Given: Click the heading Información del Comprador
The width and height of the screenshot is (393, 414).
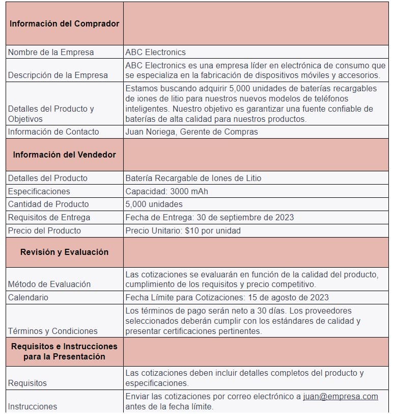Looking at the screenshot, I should tap(64, 23).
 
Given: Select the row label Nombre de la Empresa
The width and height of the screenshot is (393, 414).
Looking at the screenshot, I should tap(51, 52).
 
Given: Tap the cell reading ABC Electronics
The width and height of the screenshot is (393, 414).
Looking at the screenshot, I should tap(155, 52).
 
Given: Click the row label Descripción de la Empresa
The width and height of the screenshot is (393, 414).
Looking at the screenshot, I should tap(58, 75).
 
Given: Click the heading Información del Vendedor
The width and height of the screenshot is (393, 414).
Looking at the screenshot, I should tap(64, 154).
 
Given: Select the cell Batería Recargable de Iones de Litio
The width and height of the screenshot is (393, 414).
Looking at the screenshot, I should tap(193, 178).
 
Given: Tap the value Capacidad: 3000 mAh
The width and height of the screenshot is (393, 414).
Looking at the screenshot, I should tap(166, 191).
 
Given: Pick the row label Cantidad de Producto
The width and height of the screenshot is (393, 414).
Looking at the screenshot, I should tap(48, 204).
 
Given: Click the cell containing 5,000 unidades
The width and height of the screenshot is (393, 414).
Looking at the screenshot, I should tap(154, 204).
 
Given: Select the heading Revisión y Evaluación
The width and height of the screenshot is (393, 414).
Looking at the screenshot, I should tap(64, 252).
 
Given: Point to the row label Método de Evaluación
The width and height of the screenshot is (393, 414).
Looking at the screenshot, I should tap(49, 284).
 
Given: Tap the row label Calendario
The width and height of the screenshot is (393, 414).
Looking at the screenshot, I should tap(28, 297).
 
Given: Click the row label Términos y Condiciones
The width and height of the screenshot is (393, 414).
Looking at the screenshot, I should tap(52, 331).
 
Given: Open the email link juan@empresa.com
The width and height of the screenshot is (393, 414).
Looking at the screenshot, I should tap(340, 396).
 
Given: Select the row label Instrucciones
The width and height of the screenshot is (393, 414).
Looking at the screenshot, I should tap(33, 406).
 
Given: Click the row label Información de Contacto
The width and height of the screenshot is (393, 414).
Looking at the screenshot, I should tap(53, 132).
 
